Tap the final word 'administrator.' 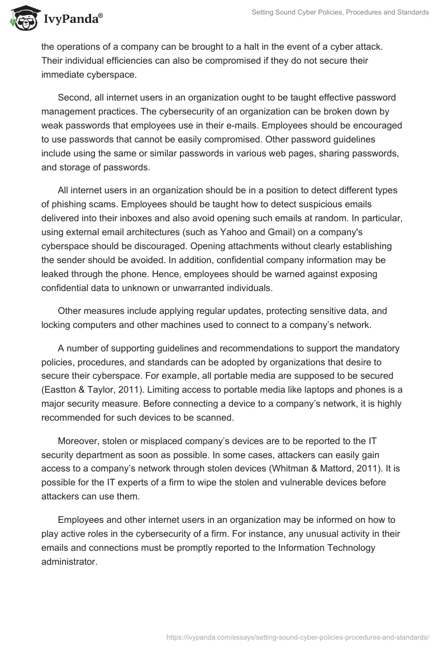point(69,562)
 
